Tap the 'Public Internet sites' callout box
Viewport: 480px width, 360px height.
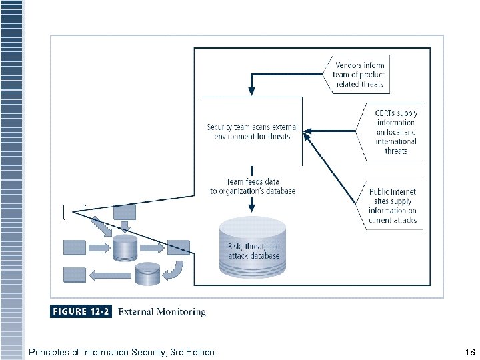pyautogui.click(x=393, y=205)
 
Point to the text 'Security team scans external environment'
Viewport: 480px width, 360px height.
pyautogui.click(x=252, y=131)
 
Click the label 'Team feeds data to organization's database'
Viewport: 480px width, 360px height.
pyautogui.click(x=253, y=186)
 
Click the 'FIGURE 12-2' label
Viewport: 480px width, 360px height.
pyautogui.click(x=81, y=311)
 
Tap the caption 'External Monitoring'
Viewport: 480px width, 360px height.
pyautogui.click(x=162, y=311)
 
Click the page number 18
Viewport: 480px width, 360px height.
pyautogui.click(x=469, y=352)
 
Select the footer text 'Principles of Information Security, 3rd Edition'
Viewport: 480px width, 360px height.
pyautogui.click(x=121, y=352)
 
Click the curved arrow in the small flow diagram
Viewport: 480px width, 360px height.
pyautogui.click(x=175, y=270)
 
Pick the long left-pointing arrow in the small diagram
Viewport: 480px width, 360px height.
pyautogui.click(x=109, y=273)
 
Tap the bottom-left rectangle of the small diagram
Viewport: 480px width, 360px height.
pyautogui.click(x=74, y=273)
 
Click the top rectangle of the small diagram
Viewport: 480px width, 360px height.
pyautogui.click(x=125, y=212)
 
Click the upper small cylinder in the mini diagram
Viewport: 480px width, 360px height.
pyautogui.click(x=125, y=247)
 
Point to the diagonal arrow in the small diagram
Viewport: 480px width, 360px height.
pyautogui.click(x=102, y=226)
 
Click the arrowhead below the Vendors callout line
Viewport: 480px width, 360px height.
pyautogui.click(x=251, y=88)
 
